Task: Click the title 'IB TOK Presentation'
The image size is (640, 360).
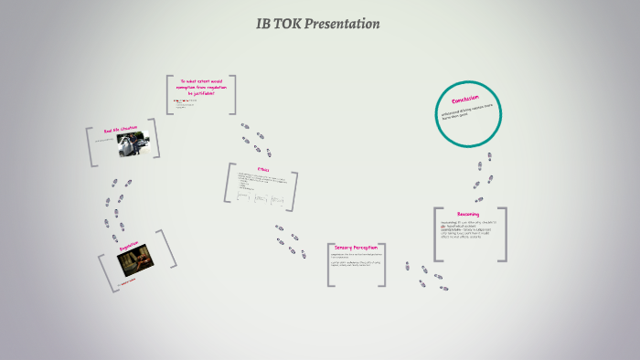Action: point(318,24)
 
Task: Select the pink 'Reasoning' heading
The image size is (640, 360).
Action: point(468,214)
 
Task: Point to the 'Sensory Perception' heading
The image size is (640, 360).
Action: point(357,248)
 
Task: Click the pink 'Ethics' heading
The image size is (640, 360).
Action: point(263,168)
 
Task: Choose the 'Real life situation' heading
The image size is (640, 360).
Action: point(120,132)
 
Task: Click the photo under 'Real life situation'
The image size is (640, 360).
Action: point(138,145)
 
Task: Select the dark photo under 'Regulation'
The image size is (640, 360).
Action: point(135,262)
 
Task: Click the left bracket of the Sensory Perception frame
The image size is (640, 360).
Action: point(329,265)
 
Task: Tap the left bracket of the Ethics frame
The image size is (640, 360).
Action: point(230,183)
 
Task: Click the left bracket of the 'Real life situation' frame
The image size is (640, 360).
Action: point(90,147)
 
